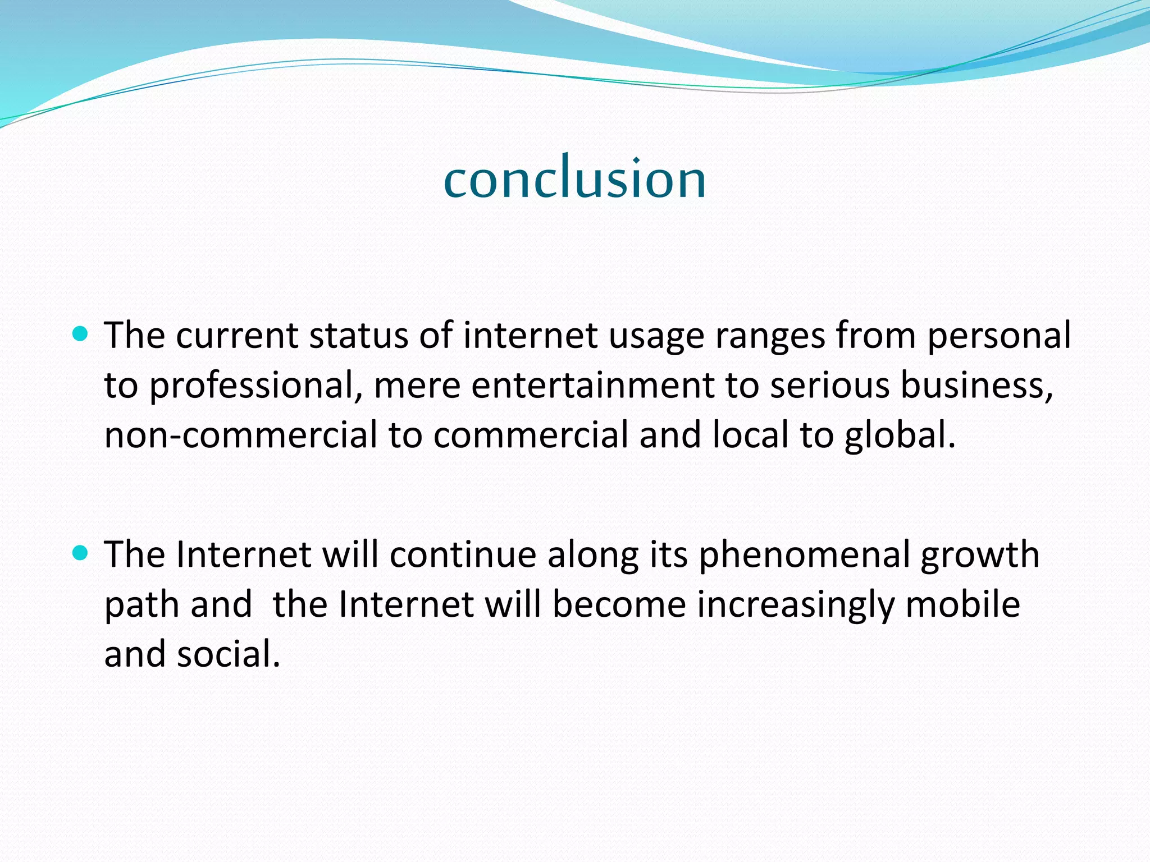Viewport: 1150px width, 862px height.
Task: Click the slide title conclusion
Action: (x=574, y=178)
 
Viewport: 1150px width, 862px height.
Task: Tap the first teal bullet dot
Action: (x=81, y=335)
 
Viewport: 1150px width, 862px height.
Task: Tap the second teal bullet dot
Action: (x=81, y=554)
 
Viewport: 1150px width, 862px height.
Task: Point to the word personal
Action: (x=999, y=337)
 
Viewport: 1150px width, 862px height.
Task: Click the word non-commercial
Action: (x=241, y=435)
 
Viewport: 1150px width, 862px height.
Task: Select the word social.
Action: (x=229, y=654)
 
